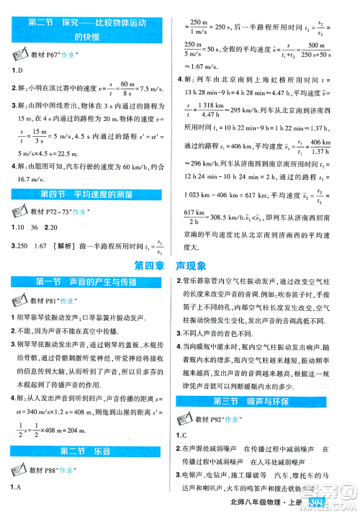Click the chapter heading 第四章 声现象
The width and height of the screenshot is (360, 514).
coord(180,266)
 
